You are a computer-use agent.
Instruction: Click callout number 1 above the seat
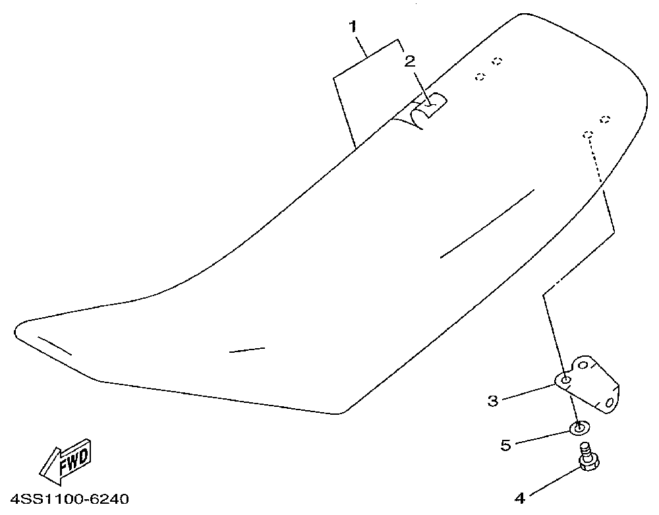(353, 27)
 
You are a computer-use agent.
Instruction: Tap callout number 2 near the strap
(410, 61)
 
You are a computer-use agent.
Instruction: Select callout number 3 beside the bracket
(492, 401)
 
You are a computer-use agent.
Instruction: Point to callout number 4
(520, 498)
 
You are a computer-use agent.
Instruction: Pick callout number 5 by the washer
(505, 445)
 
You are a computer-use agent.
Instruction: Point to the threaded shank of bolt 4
(584, 450)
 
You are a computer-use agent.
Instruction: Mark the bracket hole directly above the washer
(566, 380)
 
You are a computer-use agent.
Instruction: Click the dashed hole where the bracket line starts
(587, 134)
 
